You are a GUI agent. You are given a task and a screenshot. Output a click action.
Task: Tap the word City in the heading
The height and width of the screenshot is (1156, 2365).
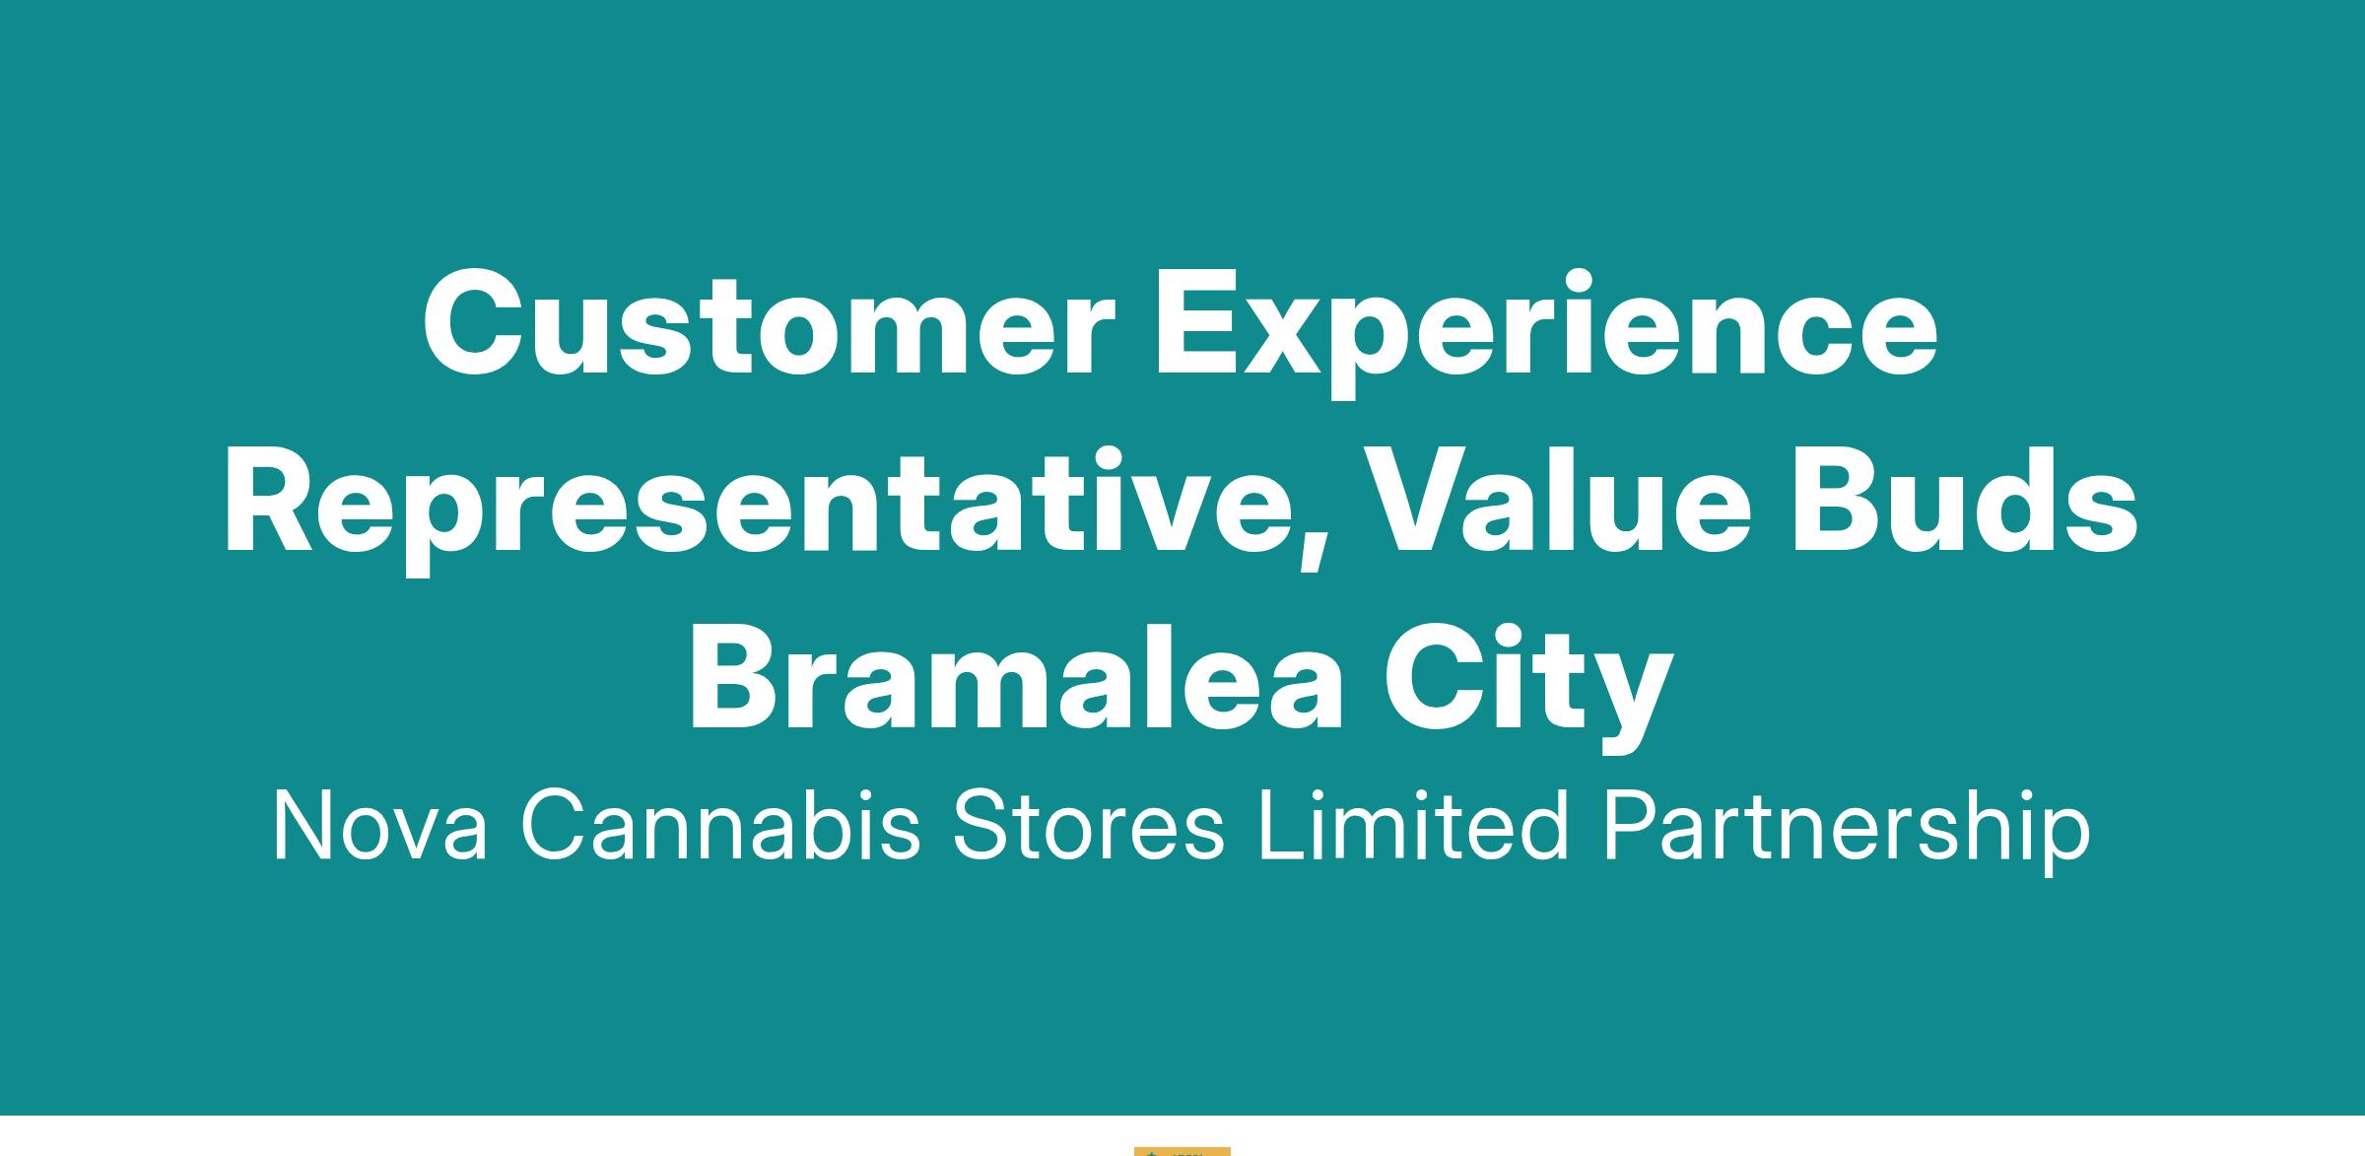[1528, 688]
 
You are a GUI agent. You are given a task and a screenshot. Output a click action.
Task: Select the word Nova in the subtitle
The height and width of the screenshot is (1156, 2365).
[379, 826]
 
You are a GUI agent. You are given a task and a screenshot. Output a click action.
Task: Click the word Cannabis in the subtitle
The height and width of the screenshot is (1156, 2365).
[720, 826]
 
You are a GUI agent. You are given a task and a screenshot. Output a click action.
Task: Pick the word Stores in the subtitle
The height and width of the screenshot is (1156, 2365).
[1088, 826]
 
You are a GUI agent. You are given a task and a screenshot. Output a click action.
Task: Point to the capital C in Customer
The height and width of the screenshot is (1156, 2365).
[477, 324]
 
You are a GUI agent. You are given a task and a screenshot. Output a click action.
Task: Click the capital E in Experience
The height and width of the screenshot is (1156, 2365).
[1196, 324]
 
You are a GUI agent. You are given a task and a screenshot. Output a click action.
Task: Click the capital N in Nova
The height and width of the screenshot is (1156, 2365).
[306, 826]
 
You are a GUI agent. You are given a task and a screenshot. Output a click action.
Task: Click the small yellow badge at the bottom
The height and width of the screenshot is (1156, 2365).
[1182, 1151]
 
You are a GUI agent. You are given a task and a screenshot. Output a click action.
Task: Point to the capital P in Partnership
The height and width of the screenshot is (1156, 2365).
[1630, 826]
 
